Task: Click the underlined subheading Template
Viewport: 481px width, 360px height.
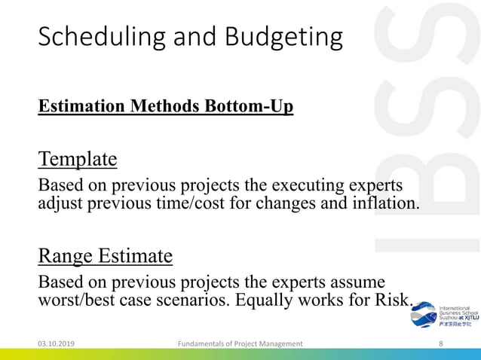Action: [x=78, y=159]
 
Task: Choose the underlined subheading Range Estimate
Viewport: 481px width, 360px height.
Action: [x=106, y=257]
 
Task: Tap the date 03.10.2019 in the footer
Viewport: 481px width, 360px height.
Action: [x=61, y=343]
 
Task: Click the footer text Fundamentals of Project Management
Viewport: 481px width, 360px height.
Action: [x=240, y=343]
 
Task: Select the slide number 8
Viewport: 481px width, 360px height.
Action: [x=440, y=343]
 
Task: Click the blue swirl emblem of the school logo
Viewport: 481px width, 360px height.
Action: [x=424, y=315]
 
